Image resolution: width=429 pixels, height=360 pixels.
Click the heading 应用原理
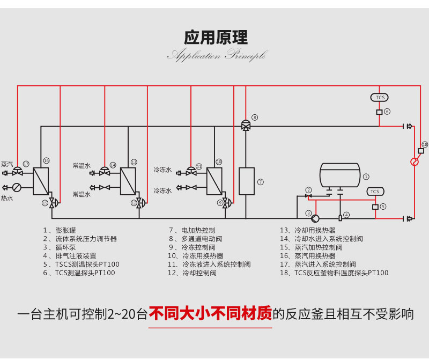216,37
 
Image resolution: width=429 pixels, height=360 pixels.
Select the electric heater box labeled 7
246,181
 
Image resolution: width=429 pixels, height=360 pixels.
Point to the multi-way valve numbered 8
246,126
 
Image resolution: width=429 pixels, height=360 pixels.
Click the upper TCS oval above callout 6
380,97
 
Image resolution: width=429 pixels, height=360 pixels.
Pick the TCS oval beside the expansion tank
375,192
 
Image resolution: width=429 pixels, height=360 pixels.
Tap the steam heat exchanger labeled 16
41,181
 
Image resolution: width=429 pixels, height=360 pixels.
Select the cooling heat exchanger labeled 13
128,181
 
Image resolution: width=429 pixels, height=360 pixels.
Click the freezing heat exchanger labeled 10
214,181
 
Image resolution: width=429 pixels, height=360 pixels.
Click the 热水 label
6,198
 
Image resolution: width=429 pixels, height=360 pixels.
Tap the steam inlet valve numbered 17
17,172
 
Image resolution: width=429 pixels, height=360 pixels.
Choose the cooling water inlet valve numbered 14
104,172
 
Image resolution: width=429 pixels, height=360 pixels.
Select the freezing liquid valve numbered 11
191,172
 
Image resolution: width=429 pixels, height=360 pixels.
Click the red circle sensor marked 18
414,161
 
